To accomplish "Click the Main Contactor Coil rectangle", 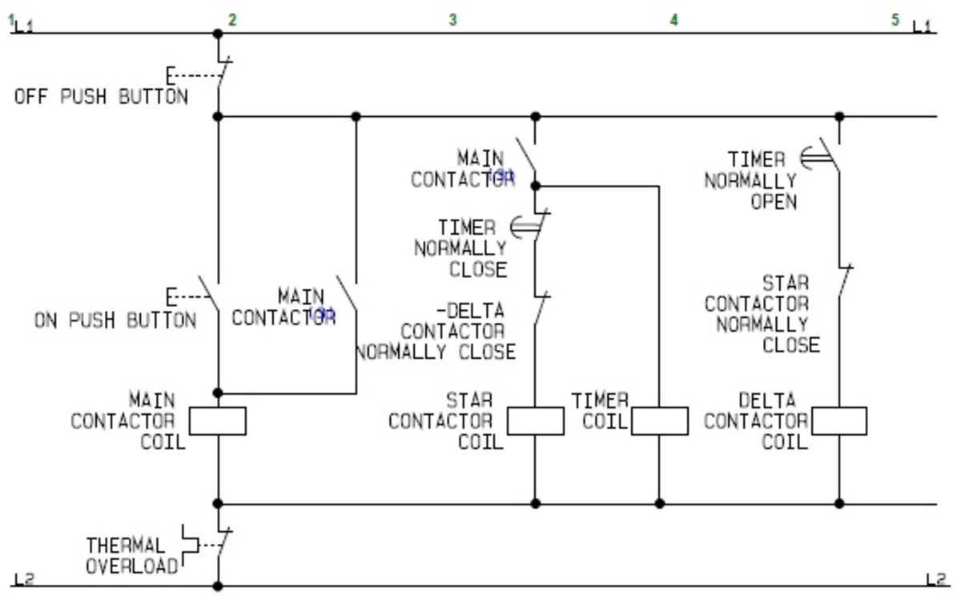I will tap(217, 421).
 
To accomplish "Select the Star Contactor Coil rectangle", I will tap(535, 421).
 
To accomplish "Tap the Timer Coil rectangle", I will tap(659, 421).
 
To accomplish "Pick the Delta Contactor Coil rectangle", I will tap(838, 421).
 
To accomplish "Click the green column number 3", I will tap(452, 20).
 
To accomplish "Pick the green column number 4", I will tap(674, 20).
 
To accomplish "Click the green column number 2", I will tap(232, 20).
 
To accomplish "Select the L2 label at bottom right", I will tap(935, 579).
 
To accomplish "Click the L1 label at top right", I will tap(923, 26).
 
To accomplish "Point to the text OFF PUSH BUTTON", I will tap(101, 97).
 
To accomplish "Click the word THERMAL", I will tap(125, 546).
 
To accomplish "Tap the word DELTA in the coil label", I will tap(766, 400).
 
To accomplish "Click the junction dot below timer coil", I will tap(659, 504).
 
